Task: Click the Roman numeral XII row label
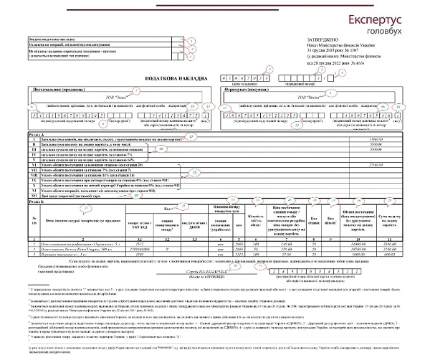click(34, 196)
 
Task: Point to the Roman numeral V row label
click(34, 158)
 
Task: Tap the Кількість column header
click(250, 219)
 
